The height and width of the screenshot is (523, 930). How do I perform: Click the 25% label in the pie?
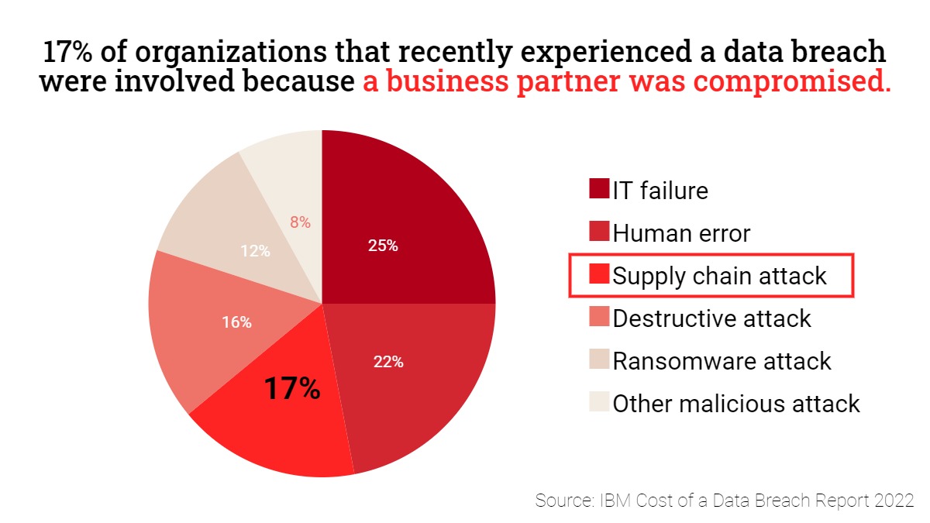[383, 246]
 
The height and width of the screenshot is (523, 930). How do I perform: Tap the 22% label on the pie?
[388, 361]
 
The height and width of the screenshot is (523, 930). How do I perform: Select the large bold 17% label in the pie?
[292, 388]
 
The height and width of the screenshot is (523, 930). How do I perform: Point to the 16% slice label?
[236, 322]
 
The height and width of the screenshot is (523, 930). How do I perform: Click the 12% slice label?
[255, 251]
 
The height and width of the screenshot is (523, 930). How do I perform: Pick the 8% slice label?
[300, 222]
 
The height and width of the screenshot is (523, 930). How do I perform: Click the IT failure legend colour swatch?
[599, 189]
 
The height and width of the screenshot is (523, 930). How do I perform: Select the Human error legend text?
[681, 232]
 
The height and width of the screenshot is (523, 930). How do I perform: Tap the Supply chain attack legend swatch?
[599, 275]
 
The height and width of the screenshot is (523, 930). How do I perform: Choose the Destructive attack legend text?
[711, 318]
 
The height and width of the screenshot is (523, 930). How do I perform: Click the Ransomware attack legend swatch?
[599, 360]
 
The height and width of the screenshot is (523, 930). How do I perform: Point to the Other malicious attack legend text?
[736, 403]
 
